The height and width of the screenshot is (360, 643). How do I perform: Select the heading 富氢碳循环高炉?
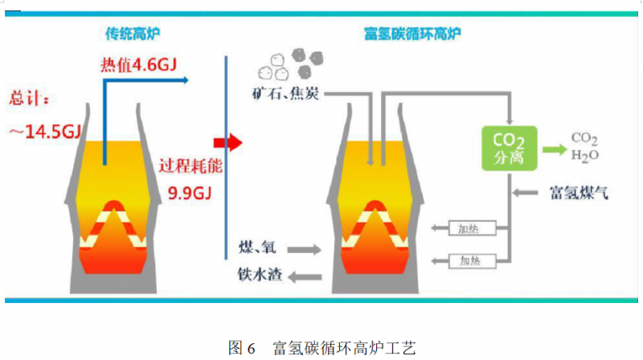412,33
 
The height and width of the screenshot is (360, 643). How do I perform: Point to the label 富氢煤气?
579,193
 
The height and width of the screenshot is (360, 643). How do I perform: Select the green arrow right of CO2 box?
554,149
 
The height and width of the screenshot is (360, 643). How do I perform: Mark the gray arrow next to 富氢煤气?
528,193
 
